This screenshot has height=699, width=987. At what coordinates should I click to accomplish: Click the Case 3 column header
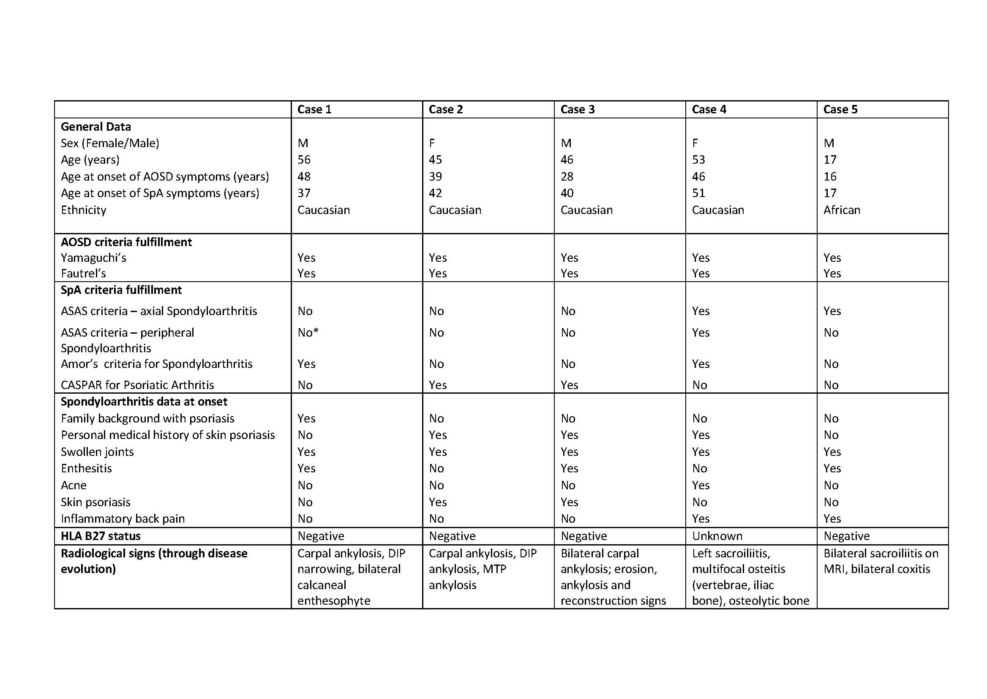(577, 110)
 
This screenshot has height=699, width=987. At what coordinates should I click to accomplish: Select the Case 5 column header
(840, 110)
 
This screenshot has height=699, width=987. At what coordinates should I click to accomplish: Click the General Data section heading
(95, 126)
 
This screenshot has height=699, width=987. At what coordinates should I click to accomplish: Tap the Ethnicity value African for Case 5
(842, 210)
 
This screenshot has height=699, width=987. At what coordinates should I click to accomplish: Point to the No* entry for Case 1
(308, 332)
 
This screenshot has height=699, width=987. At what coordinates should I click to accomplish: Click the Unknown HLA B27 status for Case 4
(717, 536)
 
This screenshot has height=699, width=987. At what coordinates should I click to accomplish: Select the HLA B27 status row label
(101, 536)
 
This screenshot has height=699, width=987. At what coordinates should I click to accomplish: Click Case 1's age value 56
(304, 160)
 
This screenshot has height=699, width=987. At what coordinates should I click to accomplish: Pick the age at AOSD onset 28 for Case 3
(567, 176)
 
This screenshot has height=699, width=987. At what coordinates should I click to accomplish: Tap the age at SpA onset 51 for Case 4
(698, 193)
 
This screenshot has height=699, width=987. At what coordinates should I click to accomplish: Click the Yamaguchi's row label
(93, 258)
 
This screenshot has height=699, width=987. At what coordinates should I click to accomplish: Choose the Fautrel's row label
(83, 273)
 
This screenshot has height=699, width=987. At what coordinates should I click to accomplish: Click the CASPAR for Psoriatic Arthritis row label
(137, 385)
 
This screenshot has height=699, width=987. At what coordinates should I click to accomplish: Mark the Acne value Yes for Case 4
(701, 485)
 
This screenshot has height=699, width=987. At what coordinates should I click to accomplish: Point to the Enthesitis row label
(86, 468)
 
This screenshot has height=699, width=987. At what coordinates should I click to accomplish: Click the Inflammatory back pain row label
(123, 519)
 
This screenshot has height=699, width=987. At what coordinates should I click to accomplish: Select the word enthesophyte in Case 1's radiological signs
(334, 601)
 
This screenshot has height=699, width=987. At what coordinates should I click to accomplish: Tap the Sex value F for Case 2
(432, 143)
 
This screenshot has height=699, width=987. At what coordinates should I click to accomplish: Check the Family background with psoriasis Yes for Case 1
(306, 418)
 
